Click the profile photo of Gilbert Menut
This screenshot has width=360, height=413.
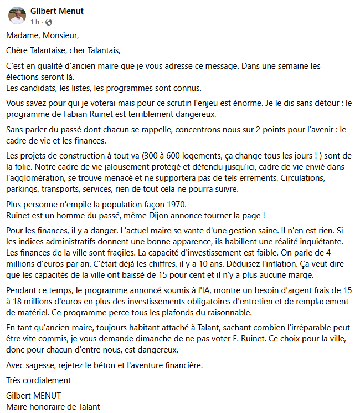pos(17,16)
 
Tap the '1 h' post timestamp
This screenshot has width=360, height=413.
pos(35,22)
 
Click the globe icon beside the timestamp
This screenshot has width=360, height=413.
pos(48,22)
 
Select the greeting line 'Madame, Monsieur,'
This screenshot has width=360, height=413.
pos(43,36)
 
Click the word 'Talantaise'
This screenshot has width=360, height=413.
pos(49,51)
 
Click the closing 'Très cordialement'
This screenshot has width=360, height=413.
pos(38,380)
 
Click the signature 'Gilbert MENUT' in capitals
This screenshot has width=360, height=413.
pos(33,395)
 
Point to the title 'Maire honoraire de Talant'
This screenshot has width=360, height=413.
pos(53,406)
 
